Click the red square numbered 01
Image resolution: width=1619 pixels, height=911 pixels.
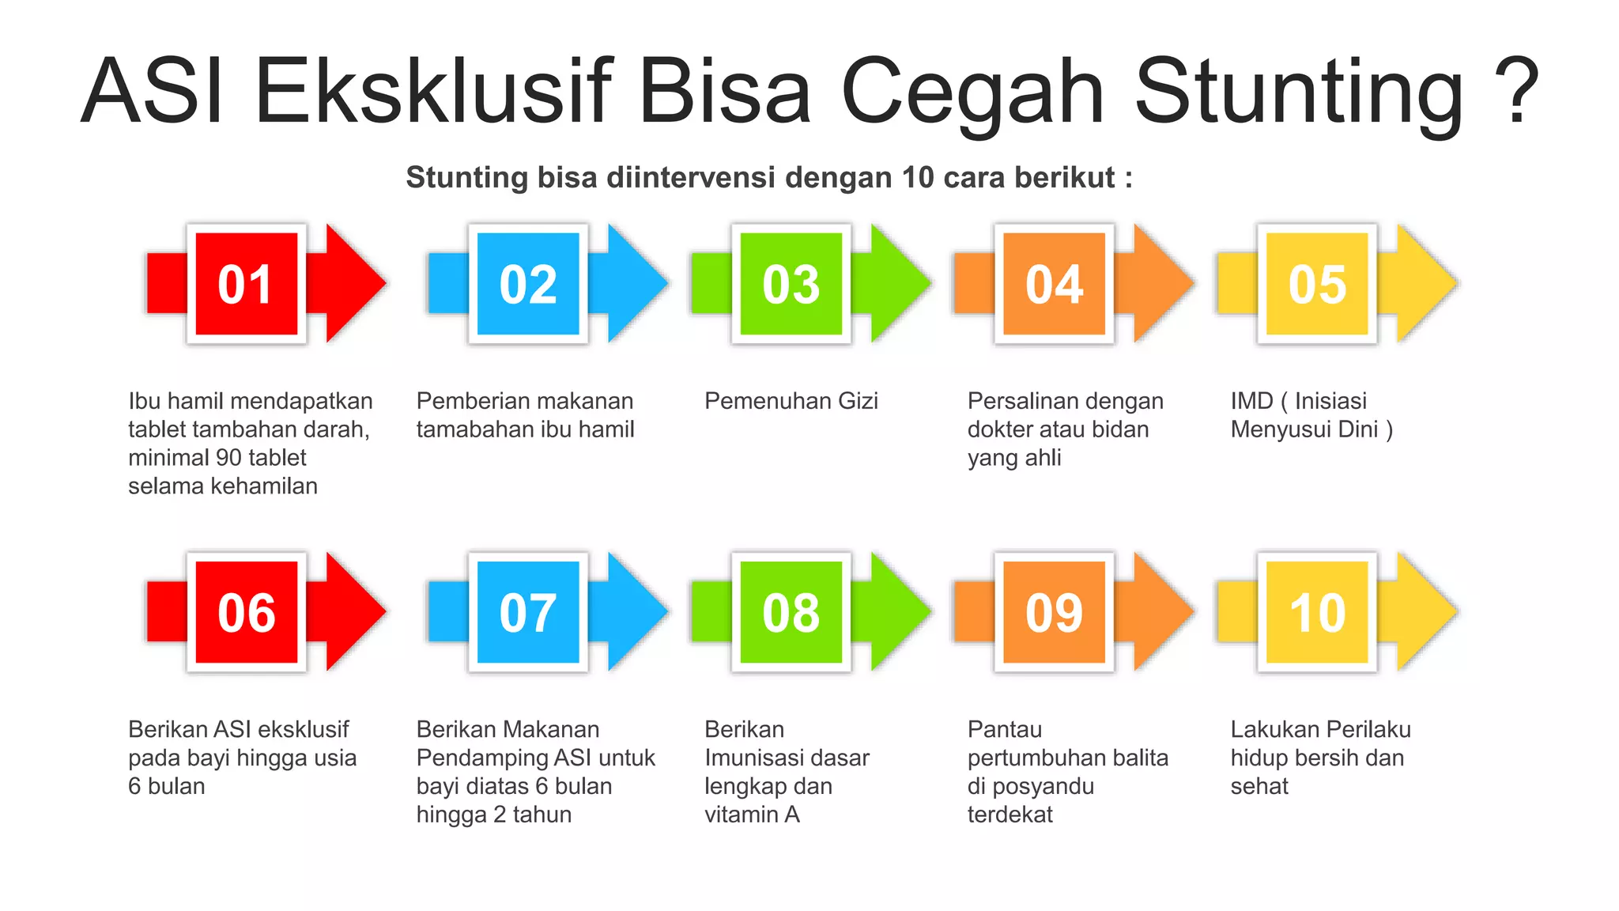point(246,284)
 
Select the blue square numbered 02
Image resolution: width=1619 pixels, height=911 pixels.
point(528,284)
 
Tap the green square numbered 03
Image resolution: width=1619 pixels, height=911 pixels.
point(791,284)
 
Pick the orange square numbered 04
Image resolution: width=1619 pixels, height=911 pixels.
point(1054,284)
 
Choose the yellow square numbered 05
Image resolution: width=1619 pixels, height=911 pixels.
point(1317,284)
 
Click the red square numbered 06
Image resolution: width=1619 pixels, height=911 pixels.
point(246,612)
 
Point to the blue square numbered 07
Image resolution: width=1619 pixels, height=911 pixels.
point(528,612)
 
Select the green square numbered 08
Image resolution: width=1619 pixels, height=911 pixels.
point(791,612)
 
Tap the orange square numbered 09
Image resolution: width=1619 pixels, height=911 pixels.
point(1054,612)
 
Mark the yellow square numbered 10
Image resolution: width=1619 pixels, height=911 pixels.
point(1317,612)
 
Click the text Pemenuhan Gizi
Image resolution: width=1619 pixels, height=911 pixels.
point(791,401)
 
